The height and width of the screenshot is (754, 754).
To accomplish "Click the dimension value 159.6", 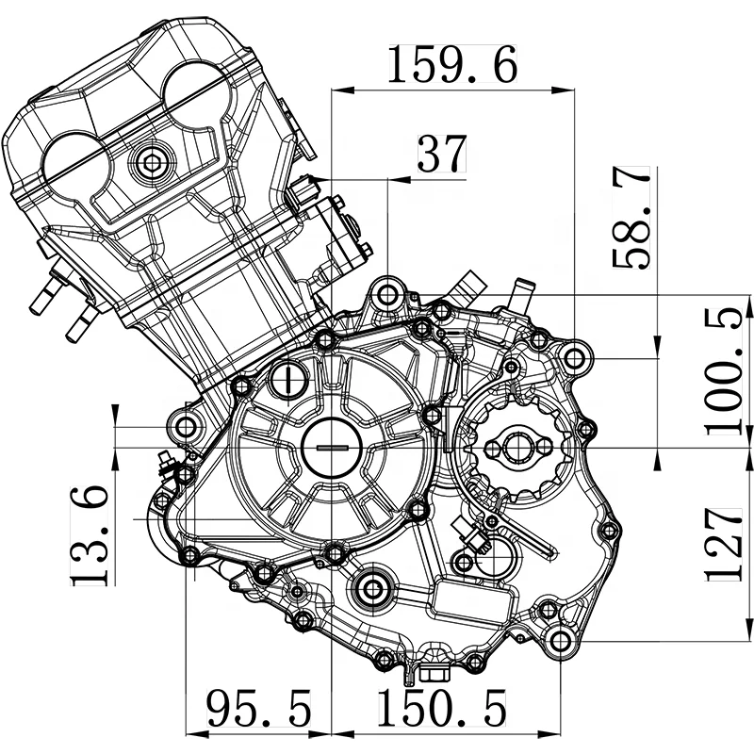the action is [x=452, y=64].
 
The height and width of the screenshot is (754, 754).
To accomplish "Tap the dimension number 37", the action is [x=442, y=154].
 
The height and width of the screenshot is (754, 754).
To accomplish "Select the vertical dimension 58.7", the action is [x=631, y=218].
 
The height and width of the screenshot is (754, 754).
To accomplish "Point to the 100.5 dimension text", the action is [x=724, y=371].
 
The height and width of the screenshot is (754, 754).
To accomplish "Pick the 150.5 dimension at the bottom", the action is [x=442, y=708].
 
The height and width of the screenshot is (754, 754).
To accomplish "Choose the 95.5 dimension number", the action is [x=258, y=708].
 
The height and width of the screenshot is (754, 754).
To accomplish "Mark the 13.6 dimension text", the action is [x=90, y=535].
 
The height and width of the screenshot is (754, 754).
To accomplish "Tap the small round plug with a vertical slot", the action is [x=287, y=380].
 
